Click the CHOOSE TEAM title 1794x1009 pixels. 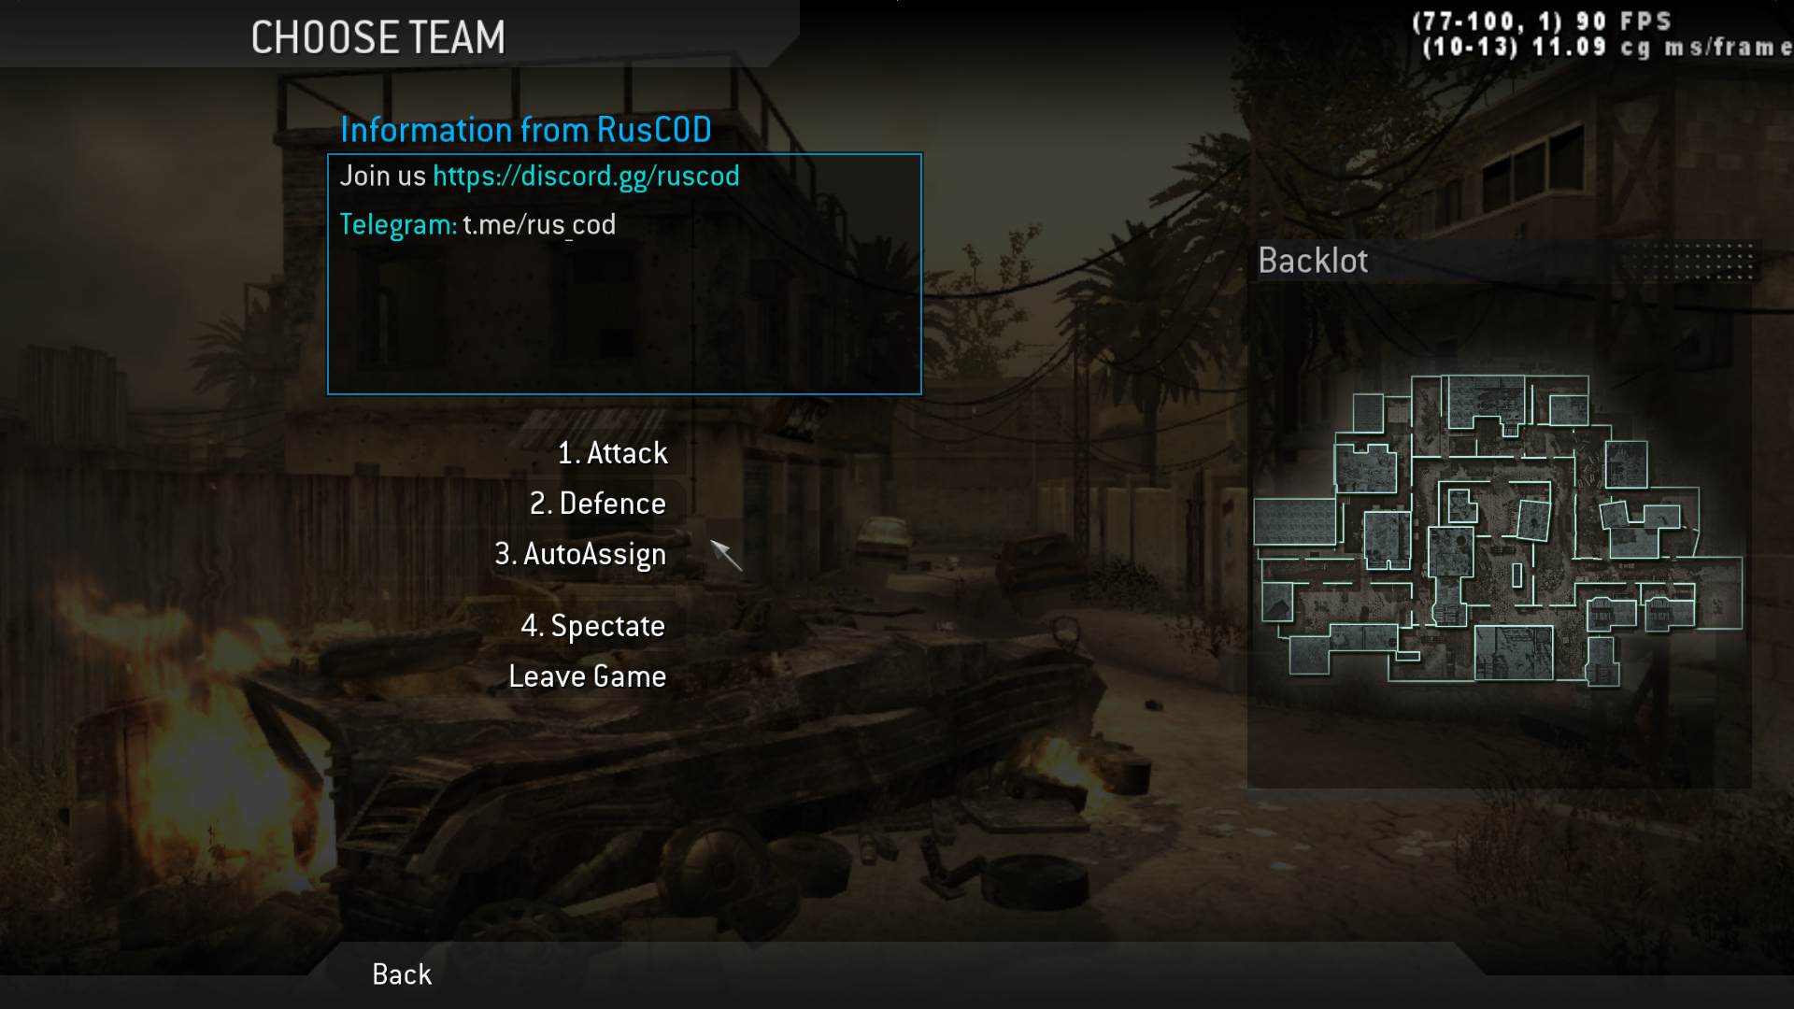[x=377, y=38]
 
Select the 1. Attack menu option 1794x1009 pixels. [x=613, y=453]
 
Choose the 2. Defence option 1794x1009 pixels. [x=598, y=504]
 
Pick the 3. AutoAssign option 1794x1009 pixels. [x=580, y=554]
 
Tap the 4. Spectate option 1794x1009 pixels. [x=592, y=626]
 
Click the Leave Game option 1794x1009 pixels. [x=587, y=676]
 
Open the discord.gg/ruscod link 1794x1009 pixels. [x=586, y=177]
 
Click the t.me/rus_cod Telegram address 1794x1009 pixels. [x=539, y=225]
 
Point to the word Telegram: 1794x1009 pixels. [x=398, y=225]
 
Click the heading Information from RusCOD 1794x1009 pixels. [x=525, y=130]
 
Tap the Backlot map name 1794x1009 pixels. [x=1312, y=261]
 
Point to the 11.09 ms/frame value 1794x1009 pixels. [x=1570, y=47]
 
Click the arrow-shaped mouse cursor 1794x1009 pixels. [x=725, y=554]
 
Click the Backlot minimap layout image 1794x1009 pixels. [x=1497, y=531]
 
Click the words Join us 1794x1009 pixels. [x=382, y=177]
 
